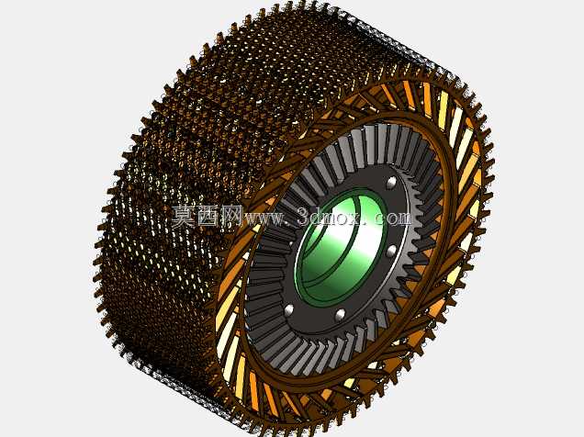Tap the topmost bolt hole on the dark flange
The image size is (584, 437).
pyautogui.click(x=391, y=182)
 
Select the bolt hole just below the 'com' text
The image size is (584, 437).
pyautogui.click(x=391, y=252)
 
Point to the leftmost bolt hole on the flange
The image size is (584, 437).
pyautogui.click(x=289, y=309)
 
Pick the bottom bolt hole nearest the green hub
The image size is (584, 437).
pyautogui.click(x=340, y=315)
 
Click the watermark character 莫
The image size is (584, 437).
pyautogui.click(x=183, y=217)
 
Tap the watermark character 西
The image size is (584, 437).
pyautogui.click(x=208, y=217)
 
